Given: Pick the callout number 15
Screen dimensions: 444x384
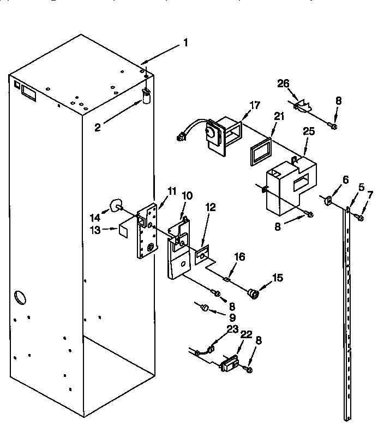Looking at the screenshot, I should point(278,278).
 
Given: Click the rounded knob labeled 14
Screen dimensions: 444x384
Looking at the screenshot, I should point(116,205).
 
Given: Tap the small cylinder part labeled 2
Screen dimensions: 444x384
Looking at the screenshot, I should point(146,97).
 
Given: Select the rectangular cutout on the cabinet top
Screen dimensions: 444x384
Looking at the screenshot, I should point(28,94).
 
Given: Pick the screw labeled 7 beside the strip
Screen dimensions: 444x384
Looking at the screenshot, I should point(359,218).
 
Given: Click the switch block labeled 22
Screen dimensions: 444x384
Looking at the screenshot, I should point(229,363).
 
